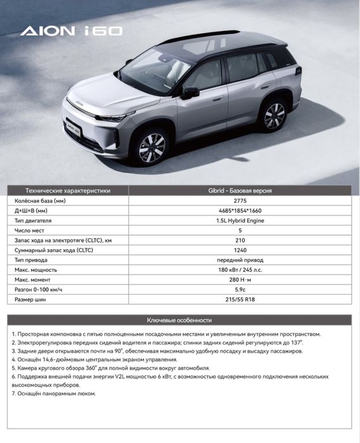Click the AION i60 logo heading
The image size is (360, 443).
click(x=71, y=30)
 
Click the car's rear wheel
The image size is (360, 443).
click(x=274, y=115)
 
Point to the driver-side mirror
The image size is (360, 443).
click(x=191, y=93)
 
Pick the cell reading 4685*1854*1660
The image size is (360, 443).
click(x=240, y=210)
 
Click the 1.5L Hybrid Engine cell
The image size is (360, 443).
click(x=240, y=220)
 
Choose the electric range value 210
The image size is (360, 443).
click(x=240, y=240)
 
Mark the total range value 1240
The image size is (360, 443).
click(x=240, y=250)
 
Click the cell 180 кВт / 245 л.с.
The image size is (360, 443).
click(x=240, y=270)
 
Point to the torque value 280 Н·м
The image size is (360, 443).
click(x=240, y=280)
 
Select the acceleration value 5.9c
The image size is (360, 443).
click(x=240, y=290)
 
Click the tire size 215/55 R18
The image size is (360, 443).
click(x=240, y=300)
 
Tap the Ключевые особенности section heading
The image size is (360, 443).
click(x=179, y=319)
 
